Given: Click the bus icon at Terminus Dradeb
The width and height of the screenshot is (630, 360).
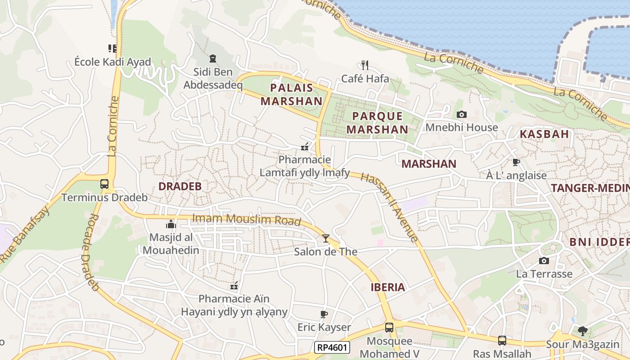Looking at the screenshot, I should tap(104, 184).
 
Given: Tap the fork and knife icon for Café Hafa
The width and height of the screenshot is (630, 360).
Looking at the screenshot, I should tap(365, 65).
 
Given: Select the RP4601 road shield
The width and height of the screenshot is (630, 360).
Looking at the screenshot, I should tap(332, 347).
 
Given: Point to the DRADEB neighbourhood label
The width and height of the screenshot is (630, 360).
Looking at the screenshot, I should tap(180, 186).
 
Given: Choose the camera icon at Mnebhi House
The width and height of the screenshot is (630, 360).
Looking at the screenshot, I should tap(462, 114).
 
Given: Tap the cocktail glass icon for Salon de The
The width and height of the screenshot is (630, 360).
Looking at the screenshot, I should tap(326, 238).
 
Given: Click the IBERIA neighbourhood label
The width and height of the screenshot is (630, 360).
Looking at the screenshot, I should tap(387, 288).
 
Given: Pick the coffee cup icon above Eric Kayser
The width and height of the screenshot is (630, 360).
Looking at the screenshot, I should tap(324, 314).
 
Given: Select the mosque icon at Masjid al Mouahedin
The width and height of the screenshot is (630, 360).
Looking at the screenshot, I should tap(171, 224).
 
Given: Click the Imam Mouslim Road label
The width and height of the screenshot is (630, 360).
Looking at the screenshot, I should tap(247, 219).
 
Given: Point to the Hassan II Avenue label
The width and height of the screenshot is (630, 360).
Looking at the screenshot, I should tap(390, 207).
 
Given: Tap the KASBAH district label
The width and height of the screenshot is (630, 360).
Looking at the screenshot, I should tap(544, 134).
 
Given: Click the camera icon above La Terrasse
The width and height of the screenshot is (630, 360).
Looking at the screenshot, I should tap(544, 261).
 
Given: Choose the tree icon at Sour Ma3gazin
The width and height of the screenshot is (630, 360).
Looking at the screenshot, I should tap(583, 331).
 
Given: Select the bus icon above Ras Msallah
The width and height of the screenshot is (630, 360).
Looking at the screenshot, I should tap(502, 341).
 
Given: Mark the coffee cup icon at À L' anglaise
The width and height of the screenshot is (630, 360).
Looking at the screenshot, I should tap(516, 162).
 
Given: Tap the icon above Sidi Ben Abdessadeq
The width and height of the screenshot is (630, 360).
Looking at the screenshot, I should tap(213, 58).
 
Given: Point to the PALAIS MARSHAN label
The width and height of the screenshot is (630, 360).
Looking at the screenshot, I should tap(291, 94).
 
